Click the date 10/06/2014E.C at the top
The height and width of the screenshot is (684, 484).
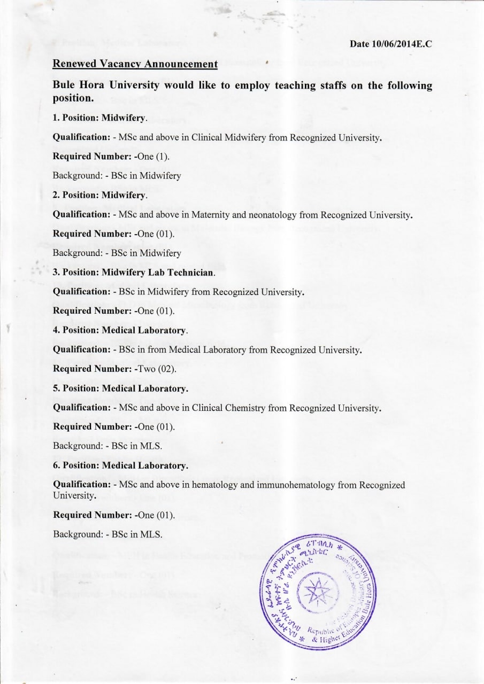[x=391, y=44]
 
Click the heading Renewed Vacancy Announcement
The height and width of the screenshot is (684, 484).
[x=135, y=64]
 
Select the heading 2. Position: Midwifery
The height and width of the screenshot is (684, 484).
[x=99, y=195]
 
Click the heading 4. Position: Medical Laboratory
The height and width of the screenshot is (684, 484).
[x=120, y=330]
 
